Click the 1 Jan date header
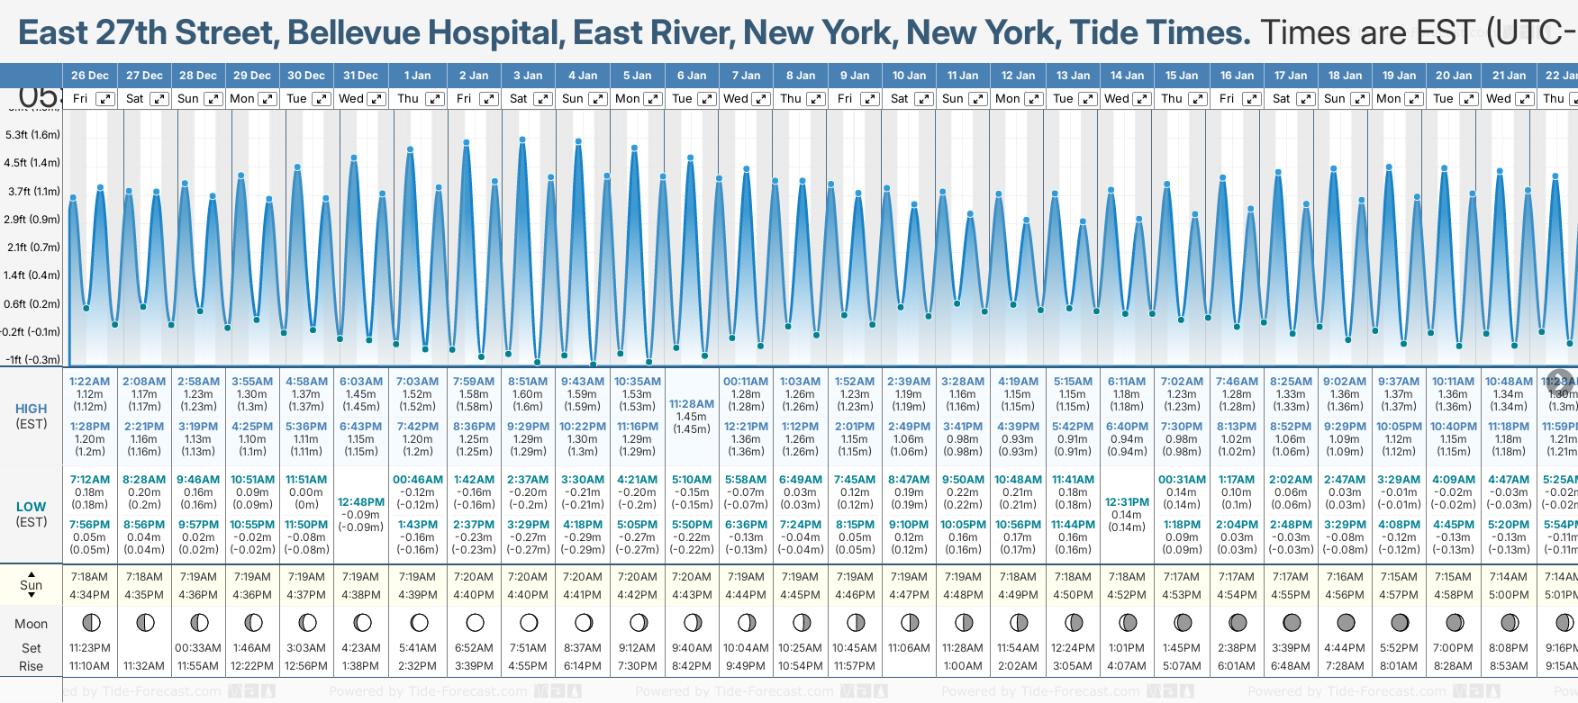pyautogui.click(x=417, y=76)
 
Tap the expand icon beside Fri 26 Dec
pyautogui.click(x=105, y=99)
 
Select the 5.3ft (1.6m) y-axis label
pyautogui.click(x=32, y=135)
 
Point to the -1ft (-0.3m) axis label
pyautogui.click(x=32, y=359)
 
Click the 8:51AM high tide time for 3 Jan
pyautogui.click(x=527, y=382)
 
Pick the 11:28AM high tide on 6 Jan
pyautogui.click(x=692, y=404)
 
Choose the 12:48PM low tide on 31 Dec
pyautogui.click(x=361, y=502)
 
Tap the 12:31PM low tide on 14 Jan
pyautogui.click(x=1127, y=502)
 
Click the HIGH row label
pyautogui.click(x=32, y=409)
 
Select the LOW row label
pyautogui.click(x=32, y=507)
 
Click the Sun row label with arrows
pyautogui.click(x=32, y=585)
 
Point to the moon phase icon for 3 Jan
pyautogui.click(x=529, y=622)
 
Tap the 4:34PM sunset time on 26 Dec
pyautogui.click(x=90, y=595)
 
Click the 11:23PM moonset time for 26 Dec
pyautogui.click(x=90, y=648)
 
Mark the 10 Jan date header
pyautogui.click(x=909, y=76)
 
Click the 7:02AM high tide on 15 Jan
pyautogui.click(x=1182, y=382)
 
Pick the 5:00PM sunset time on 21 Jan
pyautogui.click(x=1509, y=595)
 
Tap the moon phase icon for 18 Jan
pyautogui.click(x=1346, y=622)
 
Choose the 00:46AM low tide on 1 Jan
pyautogui.click(x=418, y=480)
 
